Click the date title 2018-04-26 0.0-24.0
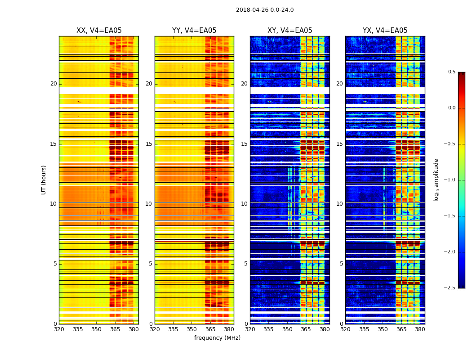(x=265, y=10)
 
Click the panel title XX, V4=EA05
(x=99, y=31)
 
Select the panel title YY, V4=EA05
(x=194, y=31)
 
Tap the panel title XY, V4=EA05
(x=289, y=31)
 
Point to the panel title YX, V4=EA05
(x=385, y=31)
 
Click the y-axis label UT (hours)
(x=44, y=180)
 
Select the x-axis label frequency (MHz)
(x=217, y=338)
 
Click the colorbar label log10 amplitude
(x=436, y=180)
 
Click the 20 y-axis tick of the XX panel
(x=54, y=84)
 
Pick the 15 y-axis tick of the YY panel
(x=149, y=144)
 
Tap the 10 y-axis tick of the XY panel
(x=245, y=204)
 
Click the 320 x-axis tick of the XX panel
(x=59, y=329)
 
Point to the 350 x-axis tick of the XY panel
(x=287, y=329)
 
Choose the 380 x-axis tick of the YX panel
(x=420, y=329)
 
